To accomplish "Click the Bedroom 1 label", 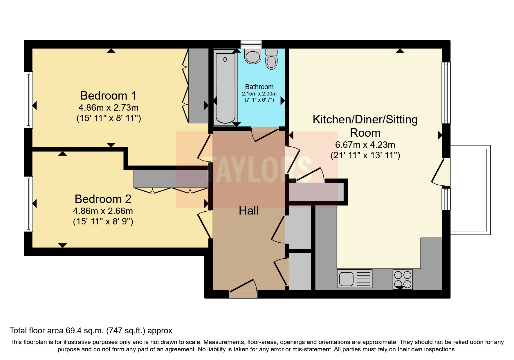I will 108,96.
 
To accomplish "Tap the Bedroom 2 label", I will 103,199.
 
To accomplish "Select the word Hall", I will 248,210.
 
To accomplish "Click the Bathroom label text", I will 259,87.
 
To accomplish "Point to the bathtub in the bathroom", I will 225,87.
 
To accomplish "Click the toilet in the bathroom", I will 271,59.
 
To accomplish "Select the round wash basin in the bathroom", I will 253,56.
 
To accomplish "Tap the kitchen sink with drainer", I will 354,279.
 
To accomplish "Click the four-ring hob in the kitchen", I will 403,279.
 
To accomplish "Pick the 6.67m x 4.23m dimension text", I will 365,145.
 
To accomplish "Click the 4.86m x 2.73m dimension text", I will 108,108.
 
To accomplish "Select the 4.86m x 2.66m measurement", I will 103,211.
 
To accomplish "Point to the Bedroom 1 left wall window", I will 28,100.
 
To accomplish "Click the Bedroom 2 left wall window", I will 28,204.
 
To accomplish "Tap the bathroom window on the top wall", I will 251,44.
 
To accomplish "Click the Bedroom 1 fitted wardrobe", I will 198,85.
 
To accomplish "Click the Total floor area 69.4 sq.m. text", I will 91,330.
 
